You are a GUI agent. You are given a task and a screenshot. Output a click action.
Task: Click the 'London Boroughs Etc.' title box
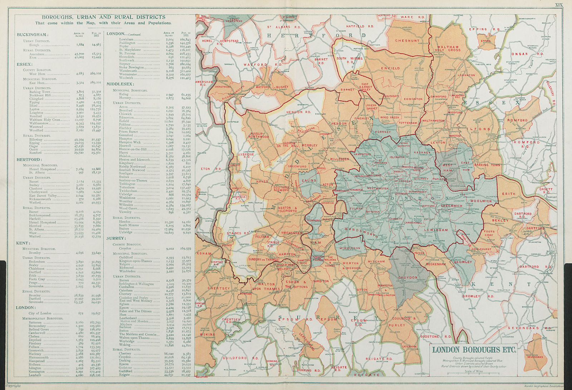(474, 350)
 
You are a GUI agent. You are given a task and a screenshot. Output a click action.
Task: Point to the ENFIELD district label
(390, 68)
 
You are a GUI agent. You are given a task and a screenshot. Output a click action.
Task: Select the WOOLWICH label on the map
(481, 201)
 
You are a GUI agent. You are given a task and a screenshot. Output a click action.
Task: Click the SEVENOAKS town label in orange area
(534, 356)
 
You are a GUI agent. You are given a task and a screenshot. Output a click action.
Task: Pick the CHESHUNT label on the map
(407, 41)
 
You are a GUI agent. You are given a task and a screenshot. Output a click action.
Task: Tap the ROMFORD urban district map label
(517, 121)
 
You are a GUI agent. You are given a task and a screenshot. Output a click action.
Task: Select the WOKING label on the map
(208, 335)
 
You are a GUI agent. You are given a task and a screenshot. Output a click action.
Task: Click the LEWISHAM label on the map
(436, 230)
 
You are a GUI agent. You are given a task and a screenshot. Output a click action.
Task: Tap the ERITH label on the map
(509, 194)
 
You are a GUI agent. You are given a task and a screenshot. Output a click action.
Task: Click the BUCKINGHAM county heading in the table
(33, 35)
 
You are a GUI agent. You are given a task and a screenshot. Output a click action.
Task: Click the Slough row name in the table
(34, 45)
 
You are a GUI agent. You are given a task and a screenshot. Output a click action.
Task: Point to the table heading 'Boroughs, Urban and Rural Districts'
(103, 17)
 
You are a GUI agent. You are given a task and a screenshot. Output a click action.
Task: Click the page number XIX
(558, 5)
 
